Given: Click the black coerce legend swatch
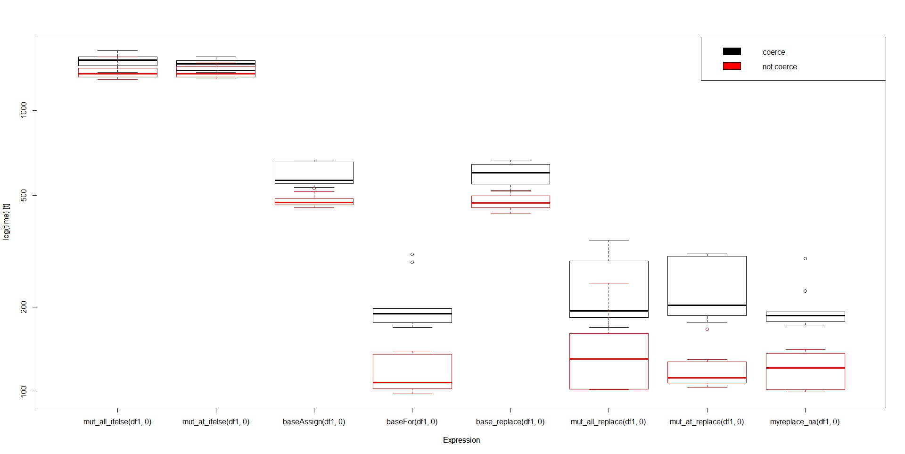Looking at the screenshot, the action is [x=732, y=51].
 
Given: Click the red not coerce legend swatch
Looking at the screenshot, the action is [x=732, y=66].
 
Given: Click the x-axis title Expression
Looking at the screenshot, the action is [x=461, y=440].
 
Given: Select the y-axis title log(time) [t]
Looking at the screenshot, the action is [x=6, y=222].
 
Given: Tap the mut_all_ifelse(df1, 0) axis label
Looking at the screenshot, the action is [x=117, y=421].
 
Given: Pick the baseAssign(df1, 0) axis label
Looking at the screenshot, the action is [x=314, y=421].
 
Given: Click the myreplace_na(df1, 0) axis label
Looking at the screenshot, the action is [x=805, y=421].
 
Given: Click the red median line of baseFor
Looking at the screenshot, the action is [x=412, y=382].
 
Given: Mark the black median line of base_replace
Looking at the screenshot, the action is [x=510, y=173].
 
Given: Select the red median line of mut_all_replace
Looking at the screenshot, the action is [x=609, y=359].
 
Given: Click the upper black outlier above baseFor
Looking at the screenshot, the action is [x=412, y=254].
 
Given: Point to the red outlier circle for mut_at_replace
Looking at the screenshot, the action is [x=707, y=329].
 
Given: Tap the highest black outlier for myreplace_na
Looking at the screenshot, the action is [x=805, y=258].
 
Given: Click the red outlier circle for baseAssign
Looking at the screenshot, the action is [x=314, y=188].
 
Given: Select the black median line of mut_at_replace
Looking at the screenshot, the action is [x=707, y=305].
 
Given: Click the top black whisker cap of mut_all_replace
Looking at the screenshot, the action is [x=609, y=240].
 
